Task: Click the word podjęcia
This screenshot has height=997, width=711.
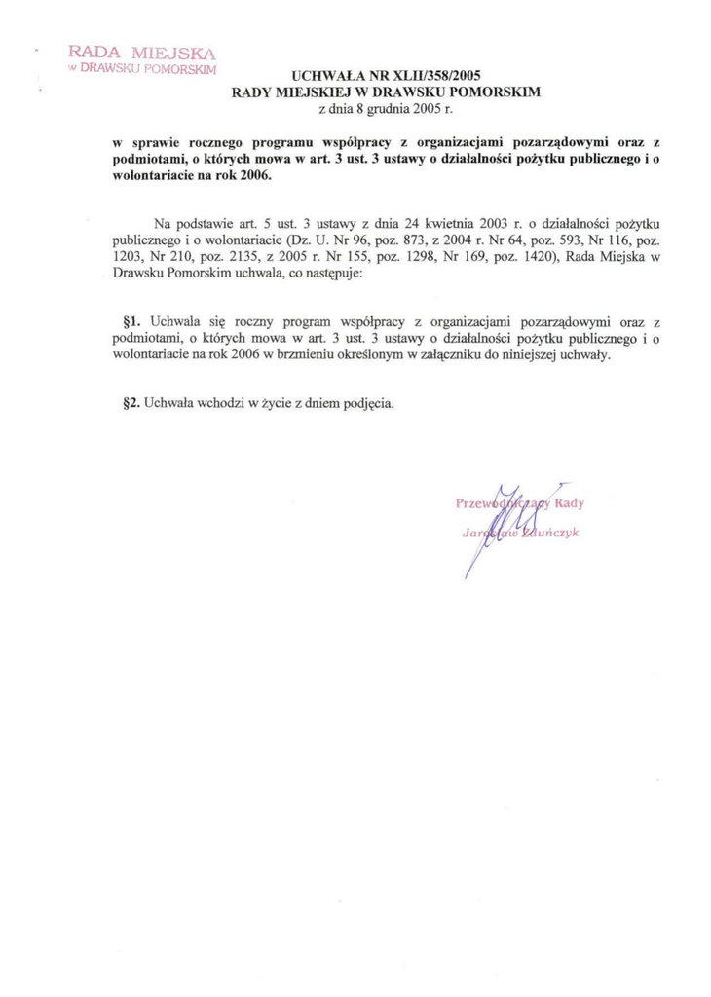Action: click(368, 401)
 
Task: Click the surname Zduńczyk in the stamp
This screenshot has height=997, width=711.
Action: click(547, 532)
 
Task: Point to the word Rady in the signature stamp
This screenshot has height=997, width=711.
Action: click(567, 503)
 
